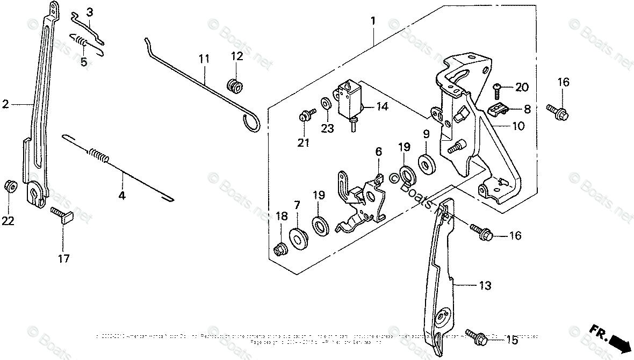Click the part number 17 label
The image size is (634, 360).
pyautogui.click(x=63, y=258)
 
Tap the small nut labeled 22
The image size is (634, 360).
pyautogui.click(x=9, y=186)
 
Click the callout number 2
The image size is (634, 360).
pyautogui.click(x=5, y=105)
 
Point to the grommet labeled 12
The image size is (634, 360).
pyautogui.click(x=234, y=85)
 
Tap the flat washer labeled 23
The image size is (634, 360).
pyautogui.click(x=326, y=102)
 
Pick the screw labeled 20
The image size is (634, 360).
pyautogui.click(x=498, y=87)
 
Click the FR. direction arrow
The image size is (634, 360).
pyautogui.click(x=612, y=339)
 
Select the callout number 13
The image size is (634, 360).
pyautogui.click(x=485, y=286)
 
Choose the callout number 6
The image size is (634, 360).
pyautogui.click(x=378, y=152)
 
